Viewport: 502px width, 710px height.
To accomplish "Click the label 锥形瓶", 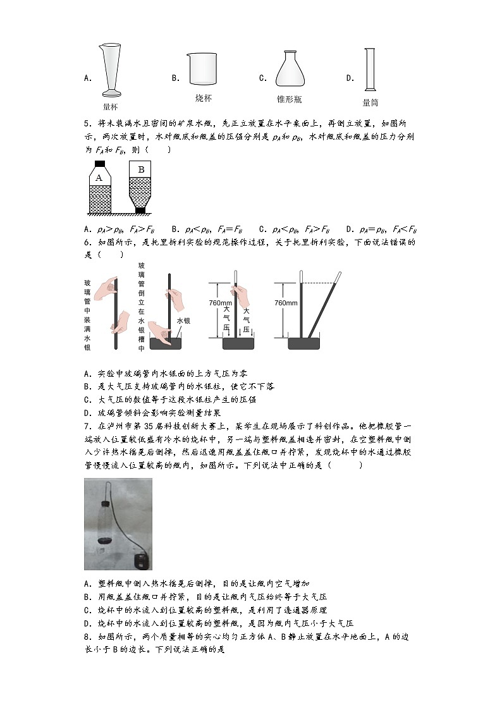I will point(289,99).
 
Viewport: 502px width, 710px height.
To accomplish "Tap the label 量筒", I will point(370,102).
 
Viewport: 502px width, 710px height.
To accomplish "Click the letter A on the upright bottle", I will point(99,178).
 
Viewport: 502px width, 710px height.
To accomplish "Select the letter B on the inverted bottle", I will point(140,169).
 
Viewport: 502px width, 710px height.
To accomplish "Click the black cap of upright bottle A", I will point(99,164).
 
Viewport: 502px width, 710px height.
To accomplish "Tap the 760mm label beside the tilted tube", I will point(286,303).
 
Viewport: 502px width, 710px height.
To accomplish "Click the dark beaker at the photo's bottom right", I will point(140,559).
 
